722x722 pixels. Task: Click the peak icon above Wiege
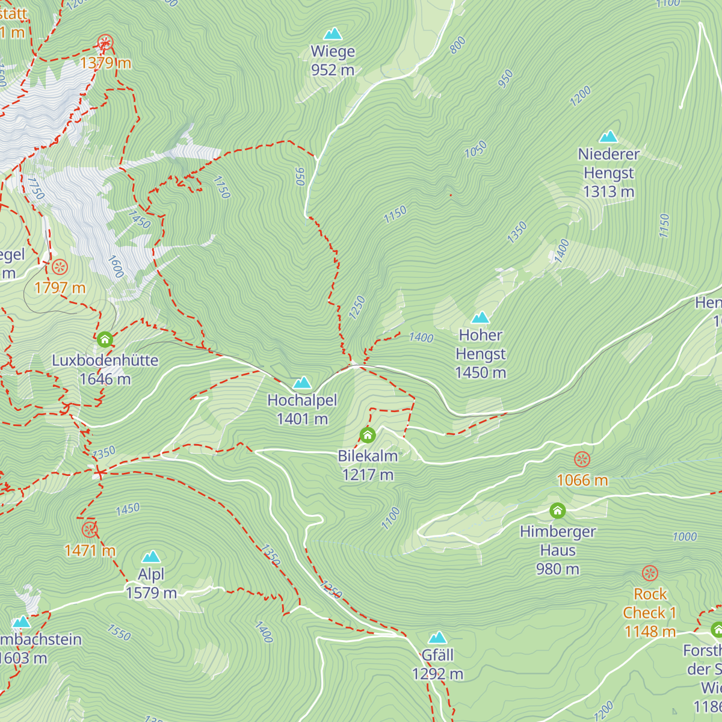(333, 34)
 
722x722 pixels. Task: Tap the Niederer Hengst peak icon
(608, 137)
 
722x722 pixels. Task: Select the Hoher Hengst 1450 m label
(481, 354)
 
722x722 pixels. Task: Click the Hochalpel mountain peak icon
(301, 383)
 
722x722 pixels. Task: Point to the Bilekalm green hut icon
(368, 434)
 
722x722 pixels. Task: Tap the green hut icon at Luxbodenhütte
(105, 339)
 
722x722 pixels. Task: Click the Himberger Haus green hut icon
(558, 511)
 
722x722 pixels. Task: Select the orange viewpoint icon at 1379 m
(105, 43)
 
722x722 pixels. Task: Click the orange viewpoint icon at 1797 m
(60, 267)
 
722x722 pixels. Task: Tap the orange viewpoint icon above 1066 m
(582, 460)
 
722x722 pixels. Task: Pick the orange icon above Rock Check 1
(650, 573)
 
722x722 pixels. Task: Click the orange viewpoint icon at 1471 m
(90, 529)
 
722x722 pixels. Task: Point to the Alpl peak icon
(151, 557)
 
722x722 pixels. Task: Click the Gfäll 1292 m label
(437, 664)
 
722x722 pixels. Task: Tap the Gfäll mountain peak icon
(437, 638)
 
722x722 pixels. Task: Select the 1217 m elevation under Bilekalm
(368, 475)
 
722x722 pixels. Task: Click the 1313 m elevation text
(608, 191)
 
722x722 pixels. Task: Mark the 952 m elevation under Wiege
(333, 70)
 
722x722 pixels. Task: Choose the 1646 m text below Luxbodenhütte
(105, 379)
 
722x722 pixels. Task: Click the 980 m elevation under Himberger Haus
(558, 569)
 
